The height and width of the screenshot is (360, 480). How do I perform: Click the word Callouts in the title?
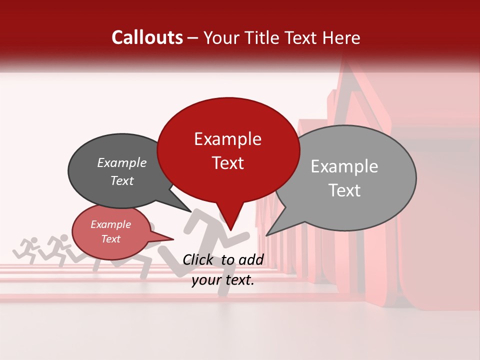pyautogui.click(x=147, y=37)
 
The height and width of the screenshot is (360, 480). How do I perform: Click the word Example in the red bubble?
pyautogui.click(x=227, y=139)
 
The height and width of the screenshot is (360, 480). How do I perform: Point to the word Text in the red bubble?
pyautogui.click(x=227, y=163)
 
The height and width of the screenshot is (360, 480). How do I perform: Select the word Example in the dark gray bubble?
pyautogui.click(x=122, y=163)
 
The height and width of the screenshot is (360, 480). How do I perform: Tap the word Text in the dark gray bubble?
pyautogui.click(x=122, y=181)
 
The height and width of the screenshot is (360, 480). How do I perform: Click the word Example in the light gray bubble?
pyautogui.click(x=344, y=166)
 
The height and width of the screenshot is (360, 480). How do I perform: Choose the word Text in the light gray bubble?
pyautogui.click(x=344, y=190)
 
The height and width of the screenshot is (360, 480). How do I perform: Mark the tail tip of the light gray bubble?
pyautogui.click(x=267, y=234)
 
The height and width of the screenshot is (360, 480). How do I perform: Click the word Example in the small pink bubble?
pyautogui.click(x=111, y=224)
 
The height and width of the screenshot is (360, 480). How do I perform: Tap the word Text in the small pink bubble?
pyautogui.click(x=111, y=239)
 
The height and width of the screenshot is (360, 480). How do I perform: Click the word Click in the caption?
pyautogui.click(x=198, y=259)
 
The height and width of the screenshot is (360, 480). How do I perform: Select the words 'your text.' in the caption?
pyautogui.click(x=223, y=280)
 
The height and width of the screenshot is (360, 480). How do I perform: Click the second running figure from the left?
pyautogui.click(x=58, y=247)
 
